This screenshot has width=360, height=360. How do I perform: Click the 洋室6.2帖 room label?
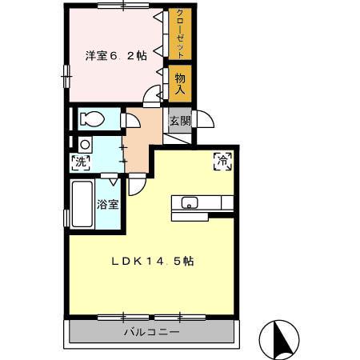pyautogui.click(x=115, y=55)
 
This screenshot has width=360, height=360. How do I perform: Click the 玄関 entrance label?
pyautogui.click(x=180, y=121)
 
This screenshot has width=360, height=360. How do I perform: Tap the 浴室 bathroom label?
pyautogui.click(x=108, y=204)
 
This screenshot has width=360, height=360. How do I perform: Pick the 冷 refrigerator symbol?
pyautogui.click(x=222, y=160)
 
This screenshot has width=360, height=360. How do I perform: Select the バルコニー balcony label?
pyautogui.click(x=151, y=331)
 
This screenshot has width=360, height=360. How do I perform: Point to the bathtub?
pyautogui.click(x=82, y=205)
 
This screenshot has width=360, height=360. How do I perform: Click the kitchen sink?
pyautogui.click(x=190, y=202)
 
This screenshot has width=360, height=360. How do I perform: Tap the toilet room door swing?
pyautogui.click(x=130, y=122)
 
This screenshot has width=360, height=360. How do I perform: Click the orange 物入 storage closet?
pyautogui.click(x=180, y=82)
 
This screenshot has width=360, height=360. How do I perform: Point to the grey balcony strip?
pyautogui.click(x=151, y=331)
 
